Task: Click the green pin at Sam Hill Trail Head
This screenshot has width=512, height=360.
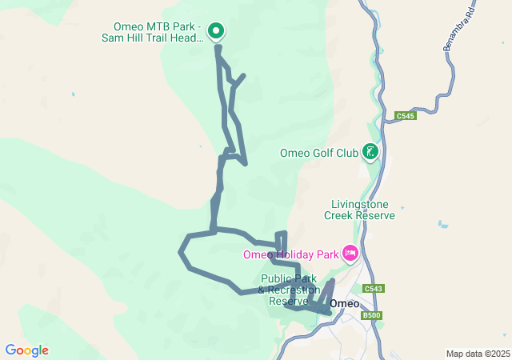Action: tap(216, 30)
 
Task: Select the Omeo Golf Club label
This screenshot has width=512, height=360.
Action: tap(319, 153)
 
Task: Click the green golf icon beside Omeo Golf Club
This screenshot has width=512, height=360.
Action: tap(370, 150)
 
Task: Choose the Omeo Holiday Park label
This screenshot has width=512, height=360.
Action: tap(290, 255)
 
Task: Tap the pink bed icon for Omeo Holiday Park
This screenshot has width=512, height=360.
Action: tap(350, 254)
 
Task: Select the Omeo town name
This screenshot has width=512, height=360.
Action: tap(345, 303)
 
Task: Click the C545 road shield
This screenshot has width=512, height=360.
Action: tap(406, 116)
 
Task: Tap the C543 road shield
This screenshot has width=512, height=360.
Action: tap(373, 288)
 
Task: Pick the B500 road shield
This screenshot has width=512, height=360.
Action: tap(372, 315)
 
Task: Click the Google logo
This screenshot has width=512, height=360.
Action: tap(26, 350)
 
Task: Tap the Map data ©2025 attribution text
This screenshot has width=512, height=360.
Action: tap(478, 354)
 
